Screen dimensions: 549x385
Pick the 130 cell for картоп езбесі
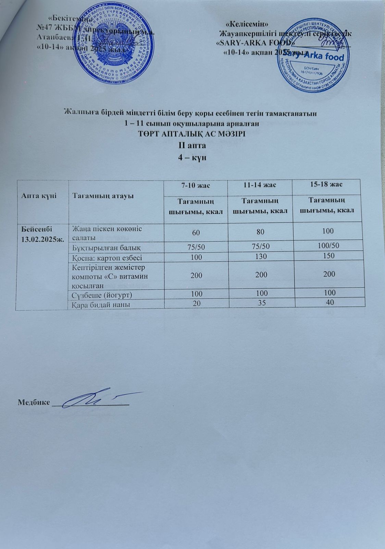pos(260,256)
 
